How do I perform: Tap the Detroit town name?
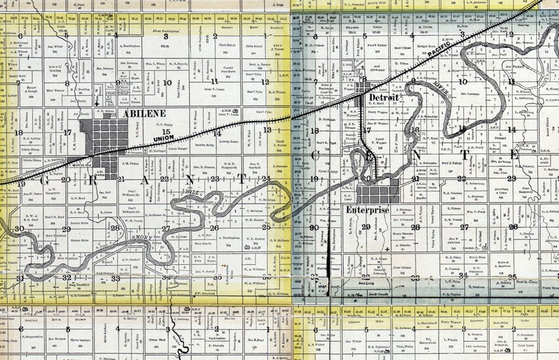pyautogui.click(x=385, y=97)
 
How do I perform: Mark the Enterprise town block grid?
pyautogui.click(x=378, y=194)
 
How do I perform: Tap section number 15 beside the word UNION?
pyautogui.click(x=166, y=132)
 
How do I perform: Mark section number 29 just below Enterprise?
pyautogui.click(x=366, y=226)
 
